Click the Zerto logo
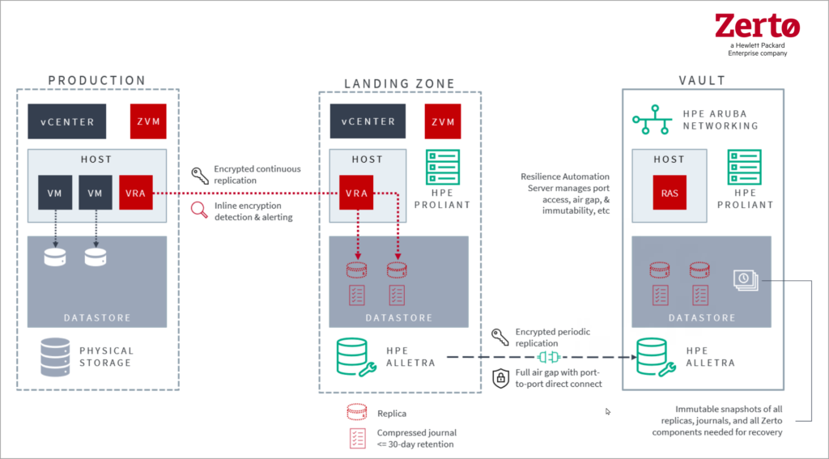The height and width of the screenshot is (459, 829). point(757,28)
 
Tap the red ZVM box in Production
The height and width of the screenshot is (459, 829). point(148,121)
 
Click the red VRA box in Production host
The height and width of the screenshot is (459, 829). point(134,193)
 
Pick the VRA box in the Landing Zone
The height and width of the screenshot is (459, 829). point(357,193)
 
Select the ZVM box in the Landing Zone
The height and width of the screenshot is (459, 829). point(443,121)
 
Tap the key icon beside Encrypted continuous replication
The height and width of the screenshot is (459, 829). point(199,174)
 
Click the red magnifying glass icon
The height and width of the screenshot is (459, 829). point(199,210)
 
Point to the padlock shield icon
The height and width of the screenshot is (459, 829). point(500,377)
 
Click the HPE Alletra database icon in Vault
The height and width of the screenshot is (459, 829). point(653,357)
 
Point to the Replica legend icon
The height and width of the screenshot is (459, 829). point(356,412)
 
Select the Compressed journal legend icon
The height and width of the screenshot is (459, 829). point(356,438)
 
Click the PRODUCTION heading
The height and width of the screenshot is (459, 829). point(97,80)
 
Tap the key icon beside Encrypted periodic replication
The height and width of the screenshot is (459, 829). point(500,337)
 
